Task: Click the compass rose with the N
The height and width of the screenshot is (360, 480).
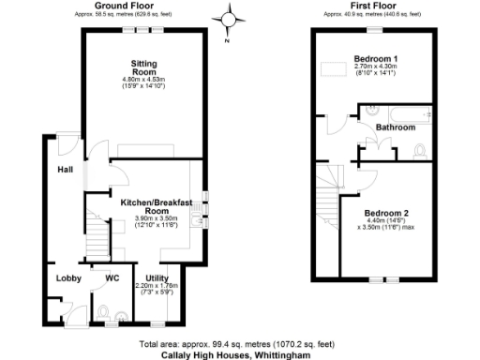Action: pyautogui.click(x=228, y=18)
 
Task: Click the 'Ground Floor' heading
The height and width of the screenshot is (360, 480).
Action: pyautogui.click(x=118, y=5)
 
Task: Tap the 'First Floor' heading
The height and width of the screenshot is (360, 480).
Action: pyautogui.click(x=371, y=5)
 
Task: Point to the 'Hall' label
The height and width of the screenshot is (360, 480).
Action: pyautogui.click(x=64, y=170)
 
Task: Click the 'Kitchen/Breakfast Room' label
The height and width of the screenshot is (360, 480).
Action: pyautogui.click(x=156, y=206)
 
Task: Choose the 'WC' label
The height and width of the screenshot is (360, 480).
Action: pyautogui.click(x=112, y=277)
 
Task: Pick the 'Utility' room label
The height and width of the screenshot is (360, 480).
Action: pyautogui.click(x=157, y=277)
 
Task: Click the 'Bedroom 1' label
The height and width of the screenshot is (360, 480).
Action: pyautogui.click(x=374, y=59)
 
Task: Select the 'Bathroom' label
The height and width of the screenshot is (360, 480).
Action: pyautogui.click(x=395, y=127)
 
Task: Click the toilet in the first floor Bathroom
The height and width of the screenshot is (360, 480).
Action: pyautogui.click(x=420, y=150)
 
